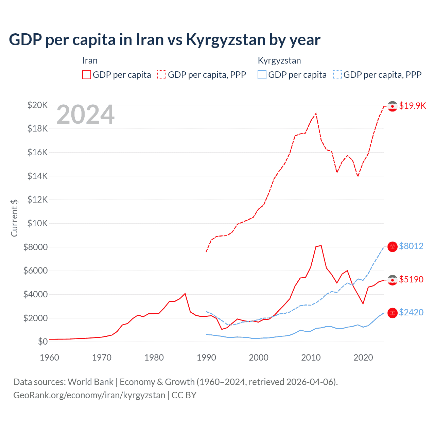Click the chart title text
[164, 40]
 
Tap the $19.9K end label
[412, 106]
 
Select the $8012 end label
[411, 246]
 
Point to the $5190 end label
[411, 279]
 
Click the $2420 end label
[411, 312]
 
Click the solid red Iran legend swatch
[87, 75]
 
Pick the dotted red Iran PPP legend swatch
[162, 75]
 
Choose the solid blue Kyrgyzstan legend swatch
[262, 75]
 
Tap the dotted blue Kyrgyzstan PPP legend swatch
[337, 75]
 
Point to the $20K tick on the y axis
[37, 105]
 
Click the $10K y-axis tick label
[37, 223]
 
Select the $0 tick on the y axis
[42, 342]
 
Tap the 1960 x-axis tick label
[50, 358]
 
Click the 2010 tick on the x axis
[311, 358]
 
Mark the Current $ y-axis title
[14, 218]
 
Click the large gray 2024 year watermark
[86, 115]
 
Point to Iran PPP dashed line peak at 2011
[316, 114]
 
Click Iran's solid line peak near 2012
[321, 245]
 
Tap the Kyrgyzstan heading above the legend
[279, 61]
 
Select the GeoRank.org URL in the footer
[89, 395]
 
